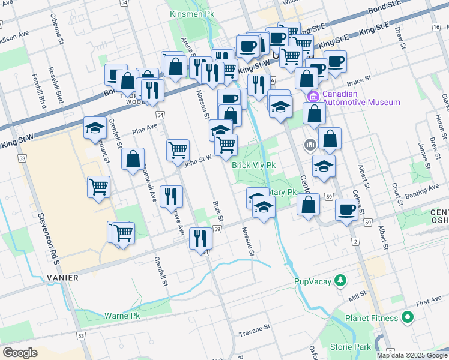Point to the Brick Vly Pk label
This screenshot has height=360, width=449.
254,165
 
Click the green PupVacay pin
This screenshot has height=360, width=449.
341,281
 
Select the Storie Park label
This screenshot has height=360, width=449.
350,346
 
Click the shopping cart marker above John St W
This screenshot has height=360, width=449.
178,150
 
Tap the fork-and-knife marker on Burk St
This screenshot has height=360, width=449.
200,238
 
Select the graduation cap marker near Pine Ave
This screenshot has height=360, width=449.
95,128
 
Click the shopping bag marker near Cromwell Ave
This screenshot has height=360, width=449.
133,160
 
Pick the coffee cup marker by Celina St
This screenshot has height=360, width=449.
346,210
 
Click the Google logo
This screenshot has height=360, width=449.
20,352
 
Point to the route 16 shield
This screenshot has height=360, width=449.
435,28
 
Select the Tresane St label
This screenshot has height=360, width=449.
255,334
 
